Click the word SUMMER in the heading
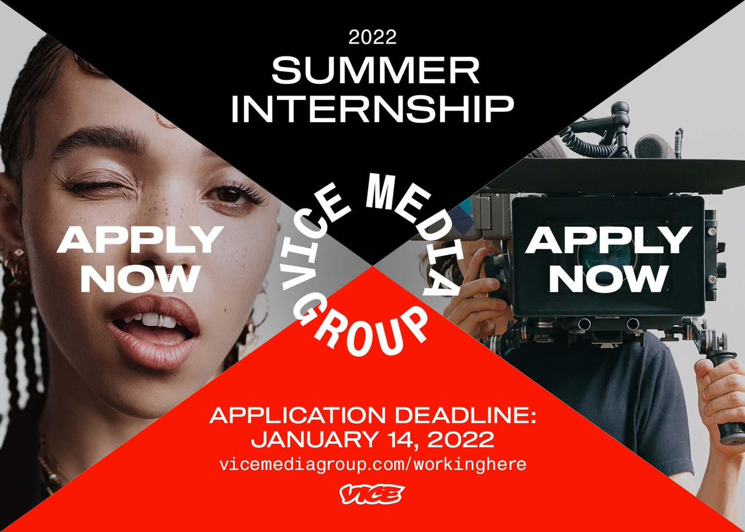coord(376,71)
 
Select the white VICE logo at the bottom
coord(372,495)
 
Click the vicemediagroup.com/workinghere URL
coord(372,465)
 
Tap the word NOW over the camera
coord(608,279)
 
